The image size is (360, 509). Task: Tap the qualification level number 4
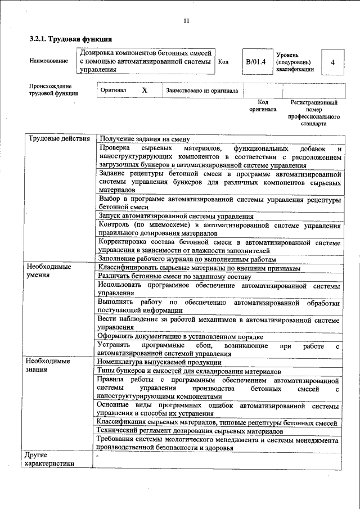[x=332, y=62]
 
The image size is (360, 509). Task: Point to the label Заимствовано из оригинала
[x=202, y=91]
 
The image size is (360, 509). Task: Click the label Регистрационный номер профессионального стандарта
[x=313, y=113]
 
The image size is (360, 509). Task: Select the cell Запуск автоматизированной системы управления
[x=175, y=216]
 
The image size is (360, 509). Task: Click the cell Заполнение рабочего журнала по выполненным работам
[x=187, y=259]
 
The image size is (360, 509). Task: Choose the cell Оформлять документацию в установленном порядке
[x=180, y=336]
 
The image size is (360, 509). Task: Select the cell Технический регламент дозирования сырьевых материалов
[x=190, y=431]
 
